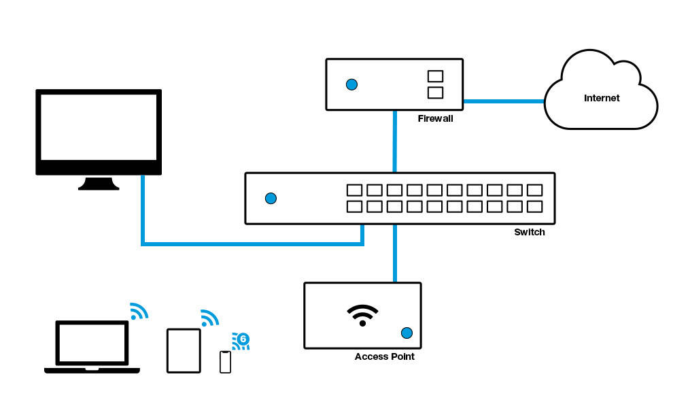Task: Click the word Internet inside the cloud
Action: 602,98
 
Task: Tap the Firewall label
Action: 435,118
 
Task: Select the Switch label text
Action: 529,232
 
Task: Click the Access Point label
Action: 384,356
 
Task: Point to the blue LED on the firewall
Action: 351,84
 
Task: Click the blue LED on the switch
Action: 271,198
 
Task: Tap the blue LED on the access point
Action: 407,333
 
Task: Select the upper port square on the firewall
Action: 435,76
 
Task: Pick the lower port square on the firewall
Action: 435,92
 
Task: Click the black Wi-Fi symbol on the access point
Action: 362,314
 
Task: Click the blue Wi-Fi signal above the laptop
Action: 139,312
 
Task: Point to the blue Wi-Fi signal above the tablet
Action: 209,318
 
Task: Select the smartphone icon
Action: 225,362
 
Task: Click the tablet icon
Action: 184,350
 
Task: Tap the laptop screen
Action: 92,342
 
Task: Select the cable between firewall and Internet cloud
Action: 504,101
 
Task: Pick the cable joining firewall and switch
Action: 395,141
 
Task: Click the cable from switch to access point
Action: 395,253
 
